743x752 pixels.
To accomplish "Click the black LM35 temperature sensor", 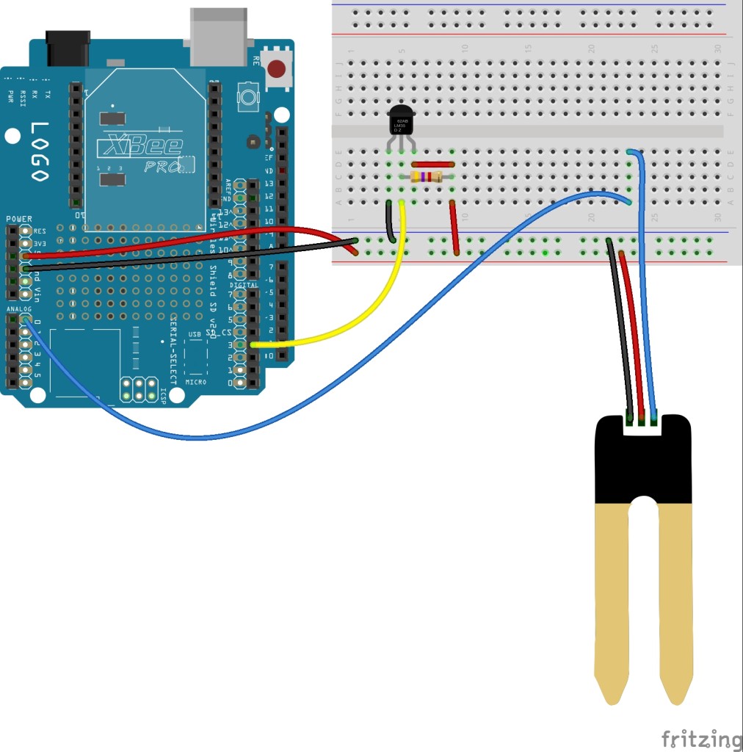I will tap(401, 124).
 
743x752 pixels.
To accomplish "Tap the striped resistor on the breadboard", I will tap(426, 176).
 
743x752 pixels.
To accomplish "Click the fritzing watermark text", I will tap(701, 737).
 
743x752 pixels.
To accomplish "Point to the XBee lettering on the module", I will tap(140, 145).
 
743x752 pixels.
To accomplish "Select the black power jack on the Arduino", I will tap(68, 48).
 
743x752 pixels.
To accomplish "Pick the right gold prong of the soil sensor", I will tap(677, 602).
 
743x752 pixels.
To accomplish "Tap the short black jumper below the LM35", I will tap(390, 220).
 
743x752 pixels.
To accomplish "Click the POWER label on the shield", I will tap(19, 219).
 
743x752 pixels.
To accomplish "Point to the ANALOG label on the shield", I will tap(19, 309).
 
